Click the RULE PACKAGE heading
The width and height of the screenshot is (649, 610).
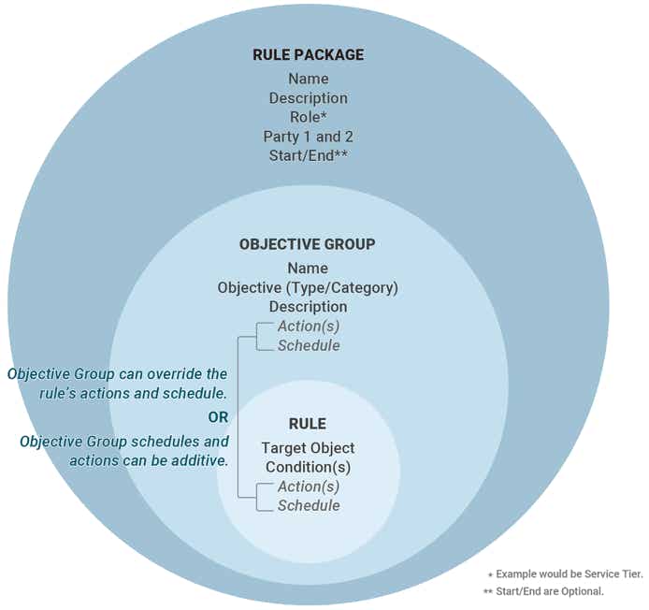pos(309,54)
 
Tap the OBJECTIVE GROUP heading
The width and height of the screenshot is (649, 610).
pos(307,244)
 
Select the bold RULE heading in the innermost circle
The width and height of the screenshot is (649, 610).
pos(308,424)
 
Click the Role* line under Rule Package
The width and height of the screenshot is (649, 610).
pos(309,117)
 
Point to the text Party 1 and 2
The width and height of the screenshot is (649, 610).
pos(309,137)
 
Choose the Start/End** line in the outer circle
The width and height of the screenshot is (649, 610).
pos(309,155)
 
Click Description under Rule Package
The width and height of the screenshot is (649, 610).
pos(309,98)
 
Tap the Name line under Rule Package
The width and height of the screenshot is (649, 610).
pos(309,79)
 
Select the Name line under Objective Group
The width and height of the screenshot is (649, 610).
pos(308,268)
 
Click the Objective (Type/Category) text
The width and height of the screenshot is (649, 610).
pos(308,287)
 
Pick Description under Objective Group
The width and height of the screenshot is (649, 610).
pos(309,307)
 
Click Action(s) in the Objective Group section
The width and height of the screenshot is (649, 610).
pos(309,326)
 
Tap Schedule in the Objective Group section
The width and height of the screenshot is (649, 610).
pos(309,345)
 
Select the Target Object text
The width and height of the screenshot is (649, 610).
pos(308,447)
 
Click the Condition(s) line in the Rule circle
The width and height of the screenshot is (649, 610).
pos(308,467)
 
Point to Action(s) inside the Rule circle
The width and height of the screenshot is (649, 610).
pos(309,487)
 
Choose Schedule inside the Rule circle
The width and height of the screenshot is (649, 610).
pos(309,505)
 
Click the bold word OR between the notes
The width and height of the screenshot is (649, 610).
pos(218,417)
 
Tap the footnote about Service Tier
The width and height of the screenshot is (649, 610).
pos(566,574)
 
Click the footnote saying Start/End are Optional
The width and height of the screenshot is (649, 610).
pos(543,591)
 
